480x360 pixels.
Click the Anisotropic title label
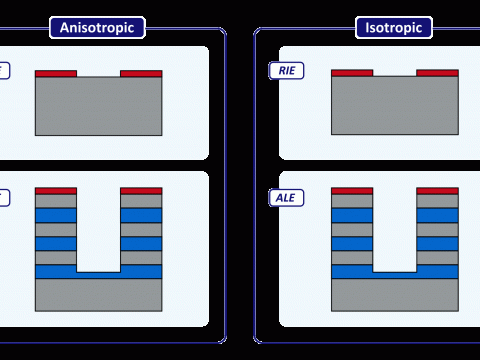point(97,28)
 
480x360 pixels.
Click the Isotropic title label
point(394,28)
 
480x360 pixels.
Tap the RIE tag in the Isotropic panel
point(286,71)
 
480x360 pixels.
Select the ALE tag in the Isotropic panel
point(286,198)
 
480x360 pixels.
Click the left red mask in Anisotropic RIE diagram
point(56,74)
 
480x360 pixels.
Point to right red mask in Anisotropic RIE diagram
point(141,74)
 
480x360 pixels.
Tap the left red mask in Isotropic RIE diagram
point(352,73)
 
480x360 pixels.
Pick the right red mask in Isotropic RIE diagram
point(437,73)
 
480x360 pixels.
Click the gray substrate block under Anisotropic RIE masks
point(99,106)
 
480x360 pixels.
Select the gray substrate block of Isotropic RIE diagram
point(395,105)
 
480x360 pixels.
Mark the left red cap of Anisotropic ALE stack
point(56,191)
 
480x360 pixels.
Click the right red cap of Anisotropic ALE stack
point(141,191)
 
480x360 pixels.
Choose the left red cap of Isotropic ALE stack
point(352,191)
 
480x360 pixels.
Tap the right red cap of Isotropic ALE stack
point(437,191)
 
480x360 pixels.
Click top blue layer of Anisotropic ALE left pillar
point(56,215)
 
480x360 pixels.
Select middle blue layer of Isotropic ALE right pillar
point(437,244)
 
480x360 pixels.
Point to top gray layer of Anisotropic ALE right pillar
point(141,201)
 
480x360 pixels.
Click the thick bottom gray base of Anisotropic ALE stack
point(99,295)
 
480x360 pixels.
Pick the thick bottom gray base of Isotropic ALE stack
point(395,295)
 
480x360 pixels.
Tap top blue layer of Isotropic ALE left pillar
point(352,215)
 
